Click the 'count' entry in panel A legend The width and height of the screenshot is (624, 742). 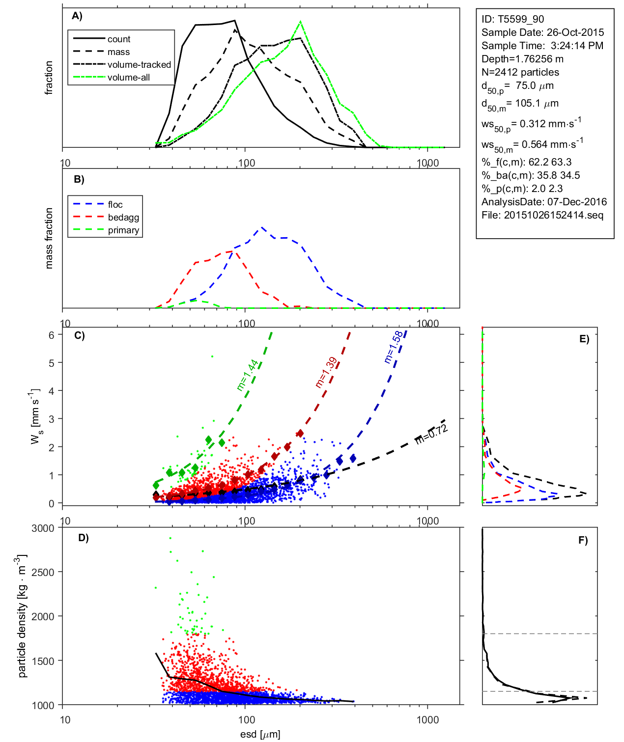tap(119, 39)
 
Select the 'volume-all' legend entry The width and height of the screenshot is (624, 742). tap(128, 78)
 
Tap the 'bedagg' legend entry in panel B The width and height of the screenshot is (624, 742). tap(123, 218)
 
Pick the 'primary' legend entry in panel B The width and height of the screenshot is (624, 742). tap(123, 230)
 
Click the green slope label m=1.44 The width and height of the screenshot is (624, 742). tap(247, 376)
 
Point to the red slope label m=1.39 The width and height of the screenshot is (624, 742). tap(326, 372)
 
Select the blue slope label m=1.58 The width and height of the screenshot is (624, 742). tap(393, 347)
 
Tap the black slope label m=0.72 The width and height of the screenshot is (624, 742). tap(431, 435)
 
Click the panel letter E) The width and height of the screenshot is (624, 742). tap(584, 339)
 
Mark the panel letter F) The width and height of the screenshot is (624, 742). tap(583, 540)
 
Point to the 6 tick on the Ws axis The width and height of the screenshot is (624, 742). tap(51, 335)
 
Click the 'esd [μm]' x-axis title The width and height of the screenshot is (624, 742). tap(260, 735)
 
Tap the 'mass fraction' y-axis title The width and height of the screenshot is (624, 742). tap(49, 238)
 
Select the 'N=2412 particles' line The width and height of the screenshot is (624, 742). tap(520, 72)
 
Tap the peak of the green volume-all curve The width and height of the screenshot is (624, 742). tap(300, 22)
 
